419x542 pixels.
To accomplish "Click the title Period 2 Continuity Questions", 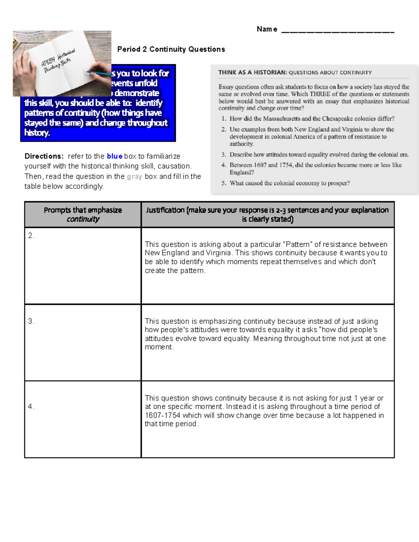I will pos(171,49).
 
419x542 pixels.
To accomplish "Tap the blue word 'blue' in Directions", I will pos(115,156).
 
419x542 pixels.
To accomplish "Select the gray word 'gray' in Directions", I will pos(134,177).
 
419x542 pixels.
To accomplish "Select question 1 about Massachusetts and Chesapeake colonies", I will pos(312,119).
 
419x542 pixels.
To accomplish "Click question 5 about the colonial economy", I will pos(289,183).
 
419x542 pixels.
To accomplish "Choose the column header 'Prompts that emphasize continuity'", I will pos(83,214).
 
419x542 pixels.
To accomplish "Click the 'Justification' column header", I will pos(165,210).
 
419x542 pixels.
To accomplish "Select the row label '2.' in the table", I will pos(31,236).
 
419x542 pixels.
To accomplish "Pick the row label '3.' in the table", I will pos(31,321).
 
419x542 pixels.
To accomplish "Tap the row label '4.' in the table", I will pos(31,407).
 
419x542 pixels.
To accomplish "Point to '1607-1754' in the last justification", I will pos(162,415).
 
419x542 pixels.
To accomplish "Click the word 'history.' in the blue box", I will pos(37,133).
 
